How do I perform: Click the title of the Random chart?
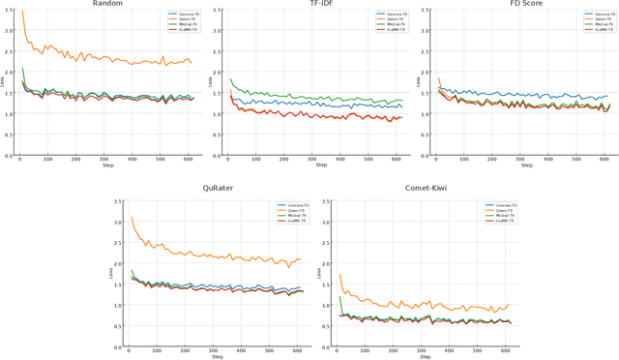tap(107, 4)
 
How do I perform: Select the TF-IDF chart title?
tap(315, 4)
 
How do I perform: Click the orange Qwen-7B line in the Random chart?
tap(116, 60)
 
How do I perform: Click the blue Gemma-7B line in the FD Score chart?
tap(522, 95)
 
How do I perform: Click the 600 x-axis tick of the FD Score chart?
tap(604, 160)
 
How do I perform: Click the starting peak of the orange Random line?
tap(22, 13)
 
